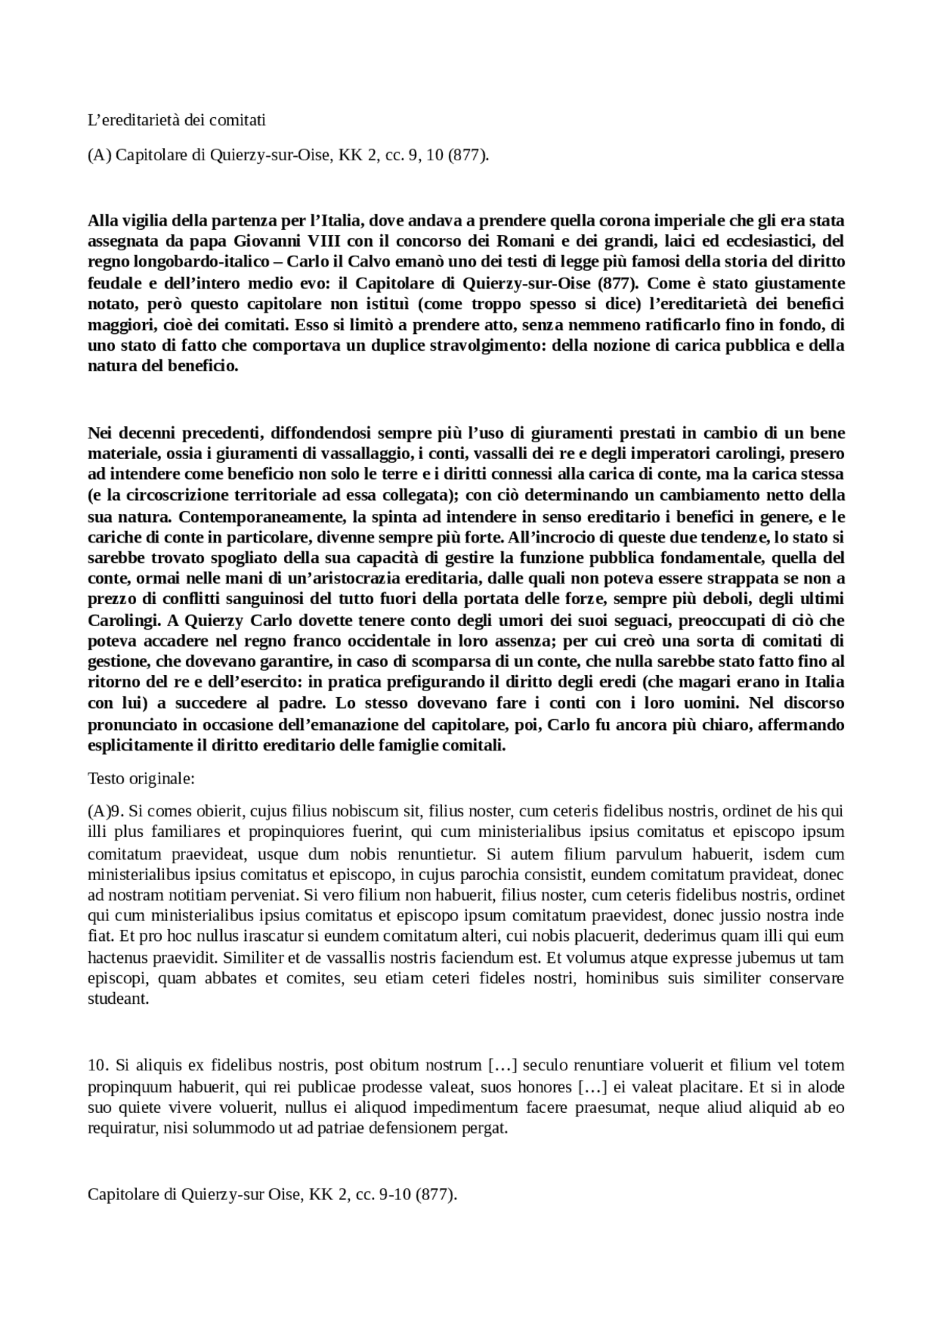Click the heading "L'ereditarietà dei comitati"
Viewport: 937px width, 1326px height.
(x=176, y=120)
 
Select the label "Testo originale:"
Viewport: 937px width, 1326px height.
(x=141, y=778)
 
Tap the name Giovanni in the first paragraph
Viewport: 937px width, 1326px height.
(x=261, y=242)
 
